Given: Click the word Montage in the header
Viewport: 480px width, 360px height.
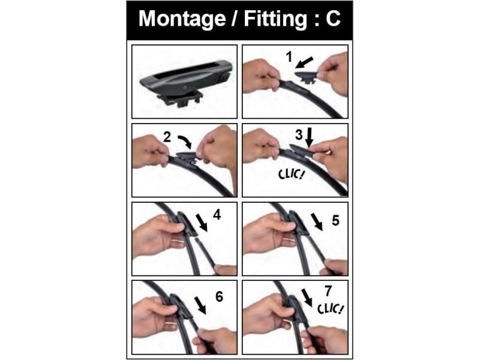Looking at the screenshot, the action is coord(182,19).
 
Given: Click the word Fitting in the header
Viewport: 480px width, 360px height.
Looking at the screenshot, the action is coord(275,19).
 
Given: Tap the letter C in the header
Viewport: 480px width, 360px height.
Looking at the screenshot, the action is coord(333,19).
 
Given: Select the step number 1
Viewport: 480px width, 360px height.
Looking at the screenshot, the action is coord(289,57).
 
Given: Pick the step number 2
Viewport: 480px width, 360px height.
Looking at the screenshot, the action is coord(167,137).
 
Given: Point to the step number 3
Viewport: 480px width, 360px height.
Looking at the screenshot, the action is coord(299,134).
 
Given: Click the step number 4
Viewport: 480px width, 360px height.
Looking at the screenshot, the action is coord(217,215).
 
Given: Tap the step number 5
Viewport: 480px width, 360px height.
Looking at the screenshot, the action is coord(335,220).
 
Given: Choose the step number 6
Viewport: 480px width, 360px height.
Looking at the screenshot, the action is coord(219,296).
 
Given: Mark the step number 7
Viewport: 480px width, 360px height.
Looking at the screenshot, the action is coord(328,291).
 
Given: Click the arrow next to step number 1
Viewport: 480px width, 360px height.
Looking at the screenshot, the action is coord(305,62).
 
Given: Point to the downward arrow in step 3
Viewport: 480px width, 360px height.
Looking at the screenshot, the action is coord(310,137).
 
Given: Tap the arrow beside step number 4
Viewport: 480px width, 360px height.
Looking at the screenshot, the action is coord(202,223).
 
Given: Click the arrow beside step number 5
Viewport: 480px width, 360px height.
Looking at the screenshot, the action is coord(317,222).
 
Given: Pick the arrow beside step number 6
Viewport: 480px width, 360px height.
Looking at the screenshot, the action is coord(200,305).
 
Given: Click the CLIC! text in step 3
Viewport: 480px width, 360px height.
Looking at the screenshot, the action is coord(292,174).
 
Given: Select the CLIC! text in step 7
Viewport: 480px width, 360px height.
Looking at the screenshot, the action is coord(330,308).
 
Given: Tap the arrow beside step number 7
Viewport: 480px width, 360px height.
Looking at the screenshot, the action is coord(307,298).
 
